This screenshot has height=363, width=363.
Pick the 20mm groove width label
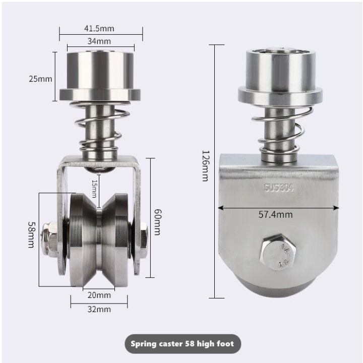pos(99,295)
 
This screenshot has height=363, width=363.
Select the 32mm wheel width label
pos(99,310)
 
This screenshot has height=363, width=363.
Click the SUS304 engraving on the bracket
pos(278,188)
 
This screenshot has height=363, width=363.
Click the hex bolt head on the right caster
pos(274,249)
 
